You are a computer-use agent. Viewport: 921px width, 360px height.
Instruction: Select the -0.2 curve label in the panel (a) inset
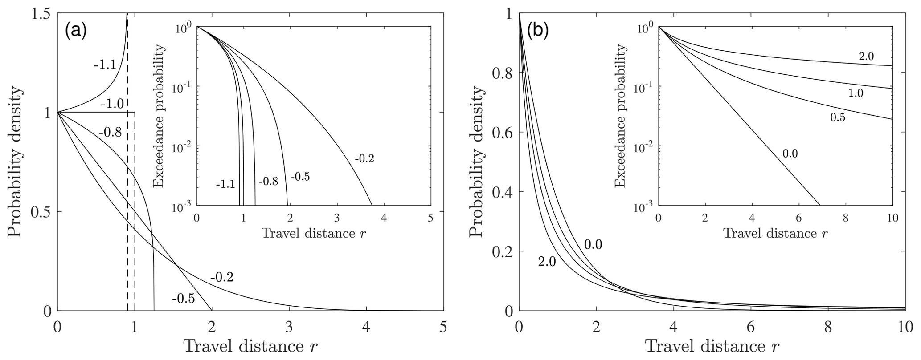click(x=364, y=158)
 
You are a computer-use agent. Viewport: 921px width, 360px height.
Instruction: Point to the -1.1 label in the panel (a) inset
click(x=225, y=184)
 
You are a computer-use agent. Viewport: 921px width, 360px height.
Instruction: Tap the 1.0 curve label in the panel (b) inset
click(x=851, y=93)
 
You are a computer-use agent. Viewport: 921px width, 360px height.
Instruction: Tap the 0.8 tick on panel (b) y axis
click(x=503, y=73)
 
